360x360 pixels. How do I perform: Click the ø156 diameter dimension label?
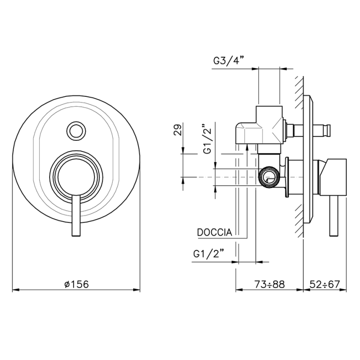pyautogui.click(x=77, y=284)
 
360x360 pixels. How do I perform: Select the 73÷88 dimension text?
pyautogui.click(x=270, y=284)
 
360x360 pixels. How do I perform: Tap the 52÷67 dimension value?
pyautogui.click(x=325, y=284)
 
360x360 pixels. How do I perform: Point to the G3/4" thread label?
pyautogui.click(x=228, y=61)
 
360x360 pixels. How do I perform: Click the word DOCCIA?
pyautogui.click(x=214, y=232)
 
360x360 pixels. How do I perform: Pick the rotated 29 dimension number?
pyautogui.click(x=178, y=129)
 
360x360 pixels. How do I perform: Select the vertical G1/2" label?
pyautogui.click(x=208, y=139)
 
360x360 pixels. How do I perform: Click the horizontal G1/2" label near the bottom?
pyautogui.click(x=208, y=254)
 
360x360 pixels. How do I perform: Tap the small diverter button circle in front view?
pyautogui.click(x=76, y=131)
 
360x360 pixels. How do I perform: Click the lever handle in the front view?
pyautogui.click(x=76, y=215)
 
